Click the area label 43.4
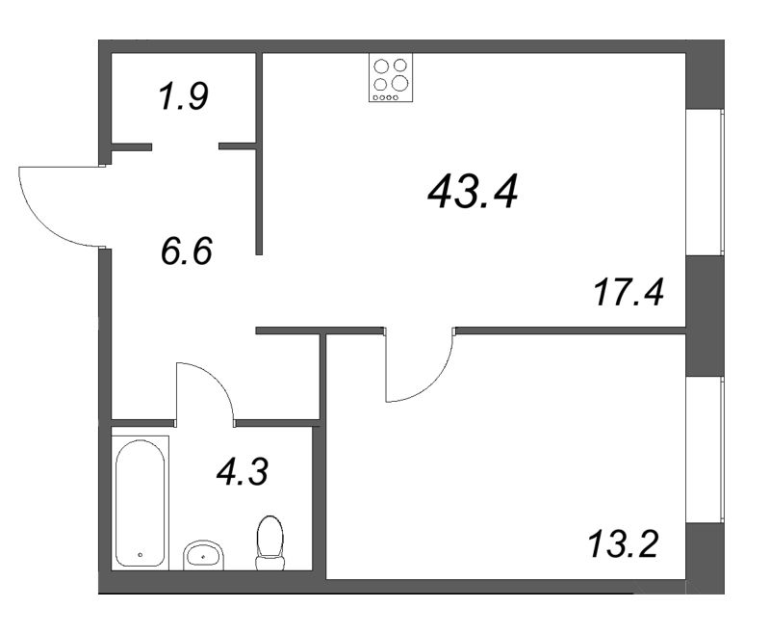[473, 195]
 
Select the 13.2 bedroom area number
[621, 547]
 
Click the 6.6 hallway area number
[186, 253]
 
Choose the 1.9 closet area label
[183, 97]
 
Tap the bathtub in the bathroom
[141, 502]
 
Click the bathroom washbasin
[203, 554]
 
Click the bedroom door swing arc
[423, 371]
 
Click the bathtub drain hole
[141, 556]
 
